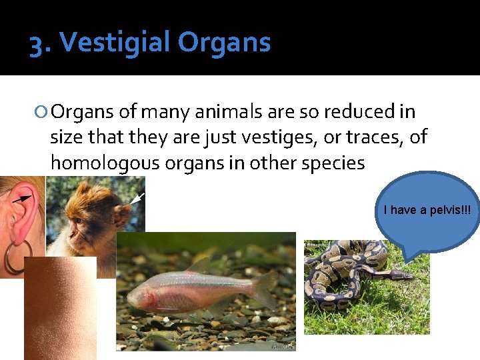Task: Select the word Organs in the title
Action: (x=224, y=43)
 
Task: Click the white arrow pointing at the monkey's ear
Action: (x=138, y=198)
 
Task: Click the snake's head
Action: (x=400, y=274)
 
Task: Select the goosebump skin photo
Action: (x=60, y=307)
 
